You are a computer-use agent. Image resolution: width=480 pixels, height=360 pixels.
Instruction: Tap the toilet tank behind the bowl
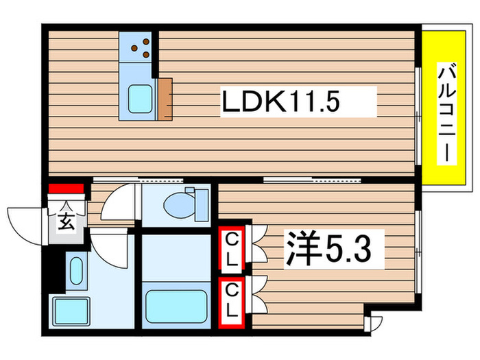(202, 203)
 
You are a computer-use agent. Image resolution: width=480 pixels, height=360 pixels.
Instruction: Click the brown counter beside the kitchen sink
(165, 100)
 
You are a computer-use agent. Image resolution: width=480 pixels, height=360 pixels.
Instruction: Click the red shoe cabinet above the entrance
(66, 187)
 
